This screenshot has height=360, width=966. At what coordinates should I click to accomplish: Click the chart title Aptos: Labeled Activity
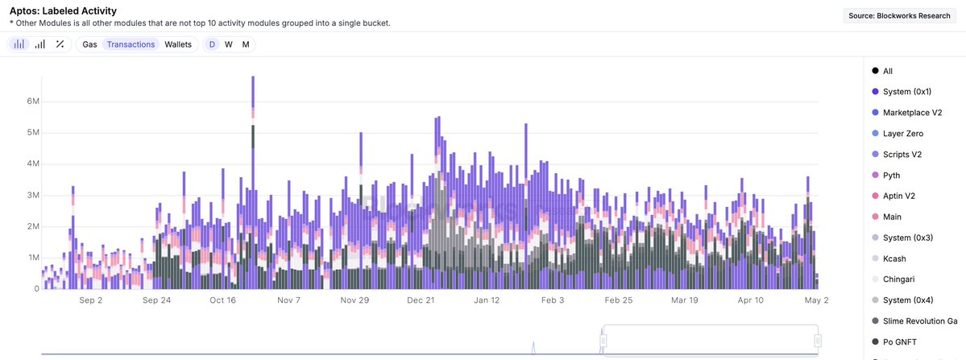click(x=63, y=11)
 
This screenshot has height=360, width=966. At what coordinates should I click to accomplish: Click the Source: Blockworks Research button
click(x=900, y=15)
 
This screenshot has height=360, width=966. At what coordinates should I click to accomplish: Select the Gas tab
click(x=89, y=44)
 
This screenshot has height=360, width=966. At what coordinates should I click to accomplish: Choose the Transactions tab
click(x=131, y=44)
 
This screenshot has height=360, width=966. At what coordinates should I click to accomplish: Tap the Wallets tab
click(x=178, y=44)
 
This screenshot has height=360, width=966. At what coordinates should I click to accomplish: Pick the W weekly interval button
click(x=229, y=44)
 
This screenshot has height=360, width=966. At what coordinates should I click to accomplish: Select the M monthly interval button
click(x=246, y=44)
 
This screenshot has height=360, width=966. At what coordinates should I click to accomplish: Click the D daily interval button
click(x=212, y=44)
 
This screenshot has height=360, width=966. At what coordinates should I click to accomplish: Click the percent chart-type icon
click(x=60, y=44)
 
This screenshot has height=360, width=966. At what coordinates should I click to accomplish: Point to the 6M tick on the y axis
click(x=34, y=101)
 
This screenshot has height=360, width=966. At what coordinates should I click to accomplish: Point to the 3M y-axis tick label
click(x=34, y=195)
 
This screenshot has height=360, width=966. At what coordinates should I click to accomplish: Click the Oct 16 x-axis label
click(x=222, y=300)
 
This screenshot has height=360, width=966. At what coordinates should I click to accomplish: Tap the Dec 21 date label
click(x=421, y=300)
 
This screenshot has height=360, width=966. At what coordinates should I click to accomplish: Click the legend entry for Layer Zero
click(x=902, y=134)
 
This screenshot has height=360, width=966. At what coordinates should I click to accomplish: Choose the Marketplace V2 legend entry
click(x=911, y=113)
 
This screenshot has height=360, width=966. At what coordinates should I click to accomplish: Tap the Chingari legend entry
click(x=899, y=279)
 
